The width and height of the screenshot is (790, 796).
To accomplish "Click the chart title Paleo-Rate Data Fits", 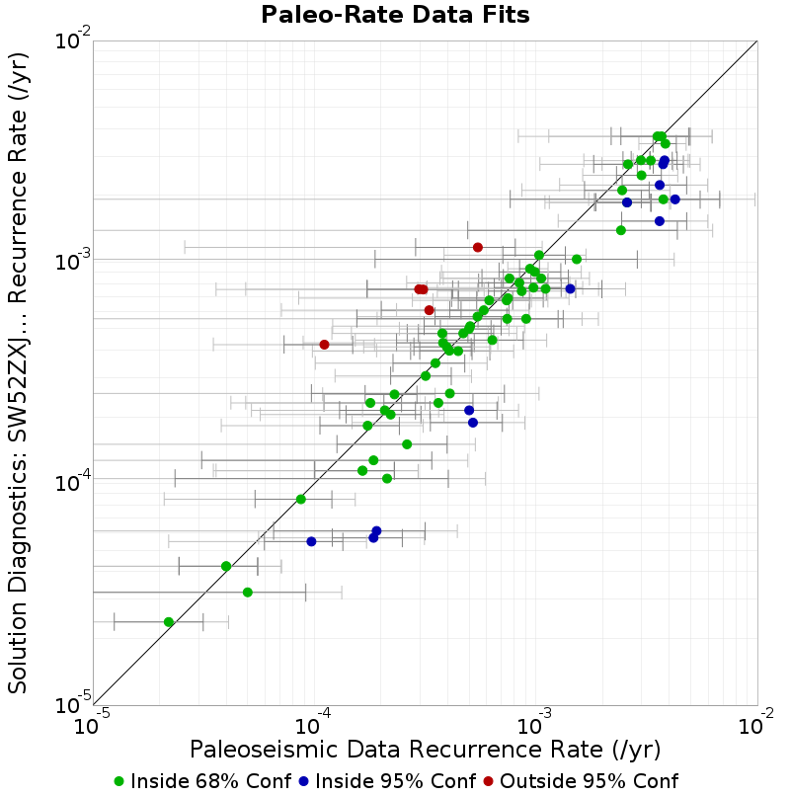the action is [x=395, y=15].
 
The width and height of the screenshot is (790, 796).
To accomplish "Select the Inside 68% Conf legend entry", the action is [x=203, y=781].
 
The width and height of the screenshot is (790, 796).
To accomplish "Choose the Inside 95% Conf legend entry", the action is [x=387, y=781].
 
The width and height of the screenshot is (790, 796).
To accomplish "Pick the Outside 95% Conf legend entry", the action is [x=581, y=781].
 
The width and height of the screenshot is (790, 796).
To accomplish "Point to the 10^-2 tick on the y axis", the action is [x=73, y=40].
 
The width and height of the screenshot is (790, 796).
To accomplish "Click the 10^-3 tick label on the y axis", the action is [x=73, y=261].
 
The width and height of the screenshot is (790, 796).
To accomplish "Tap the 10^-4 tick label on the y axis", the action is [x=73, y=482].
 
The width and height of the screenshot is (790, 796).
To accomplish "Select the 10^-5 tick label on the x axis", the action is [x=92, y=724].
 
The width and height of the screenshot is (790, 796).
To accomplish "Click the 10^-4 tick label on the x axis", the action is [x=313, y=724].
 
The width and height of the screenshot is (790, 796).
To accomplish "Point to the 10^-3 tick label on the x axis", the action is [x=534, y=724].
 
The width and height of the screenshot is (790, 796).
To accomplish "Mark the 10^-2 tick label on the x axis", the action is [x=756, y=724].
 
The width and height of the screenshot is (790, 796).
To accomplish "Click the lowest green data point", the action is [x=169, y=622].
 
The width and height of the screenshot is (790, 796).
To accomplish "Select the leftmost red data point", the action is [x=325, y=345].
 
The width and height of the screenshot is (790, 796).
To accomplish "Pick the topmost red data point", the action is [x=478, y=247].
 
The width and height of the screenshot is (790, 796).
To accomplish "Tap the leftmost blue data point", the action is [x=312, y=541].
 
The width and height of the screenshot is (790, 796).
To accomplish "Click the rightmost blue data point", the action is [x=675, y=199].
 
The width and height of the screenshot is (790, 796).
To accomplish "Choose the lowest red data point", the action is [x=325, y=345].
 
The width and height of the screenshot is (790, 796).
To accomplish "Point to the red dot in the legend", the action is [x=489, y=782].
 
